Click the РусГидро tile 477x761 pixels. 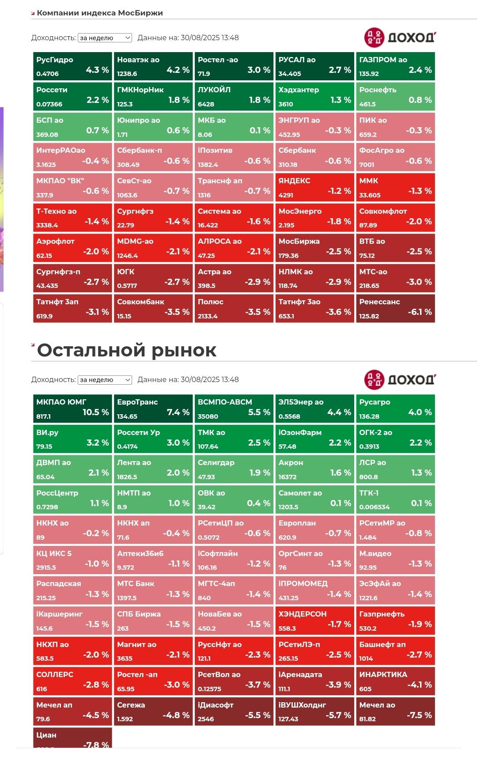(72, 66)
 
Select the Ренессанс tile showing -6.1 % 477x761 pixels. (395, 308)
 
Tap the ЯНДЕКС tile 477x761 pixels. (314, 187)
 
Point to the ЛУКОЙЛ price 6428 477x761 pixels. (206, 104)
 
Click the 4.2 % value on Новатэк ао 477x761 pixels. (178, 70)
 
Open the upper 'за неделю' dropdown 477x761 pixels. (105, 38)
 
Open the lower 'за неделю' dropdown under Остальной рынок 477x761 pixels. (105, 380)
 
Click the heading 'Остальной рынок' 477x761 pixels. (127, 350)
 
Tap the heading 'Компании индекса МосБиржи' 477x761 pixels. (100, 13)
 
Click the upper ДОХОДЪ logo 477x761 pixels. (400, 38)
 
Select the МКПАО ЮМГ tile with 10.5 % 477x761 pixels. (72, 409)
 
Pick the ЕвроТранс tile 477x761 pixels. (153, 409)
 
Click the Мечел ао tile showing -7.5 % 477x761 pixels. (395, 711)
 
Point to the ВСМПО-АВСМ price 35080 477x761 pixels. (208, 416)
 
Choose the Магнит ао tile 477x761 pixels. (153, 651)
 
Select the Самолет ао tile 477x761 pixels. (314, 499)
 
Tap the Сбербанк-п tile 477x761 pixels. (153, 157)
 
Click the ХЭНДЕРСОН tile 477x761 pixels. (314, 620)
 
